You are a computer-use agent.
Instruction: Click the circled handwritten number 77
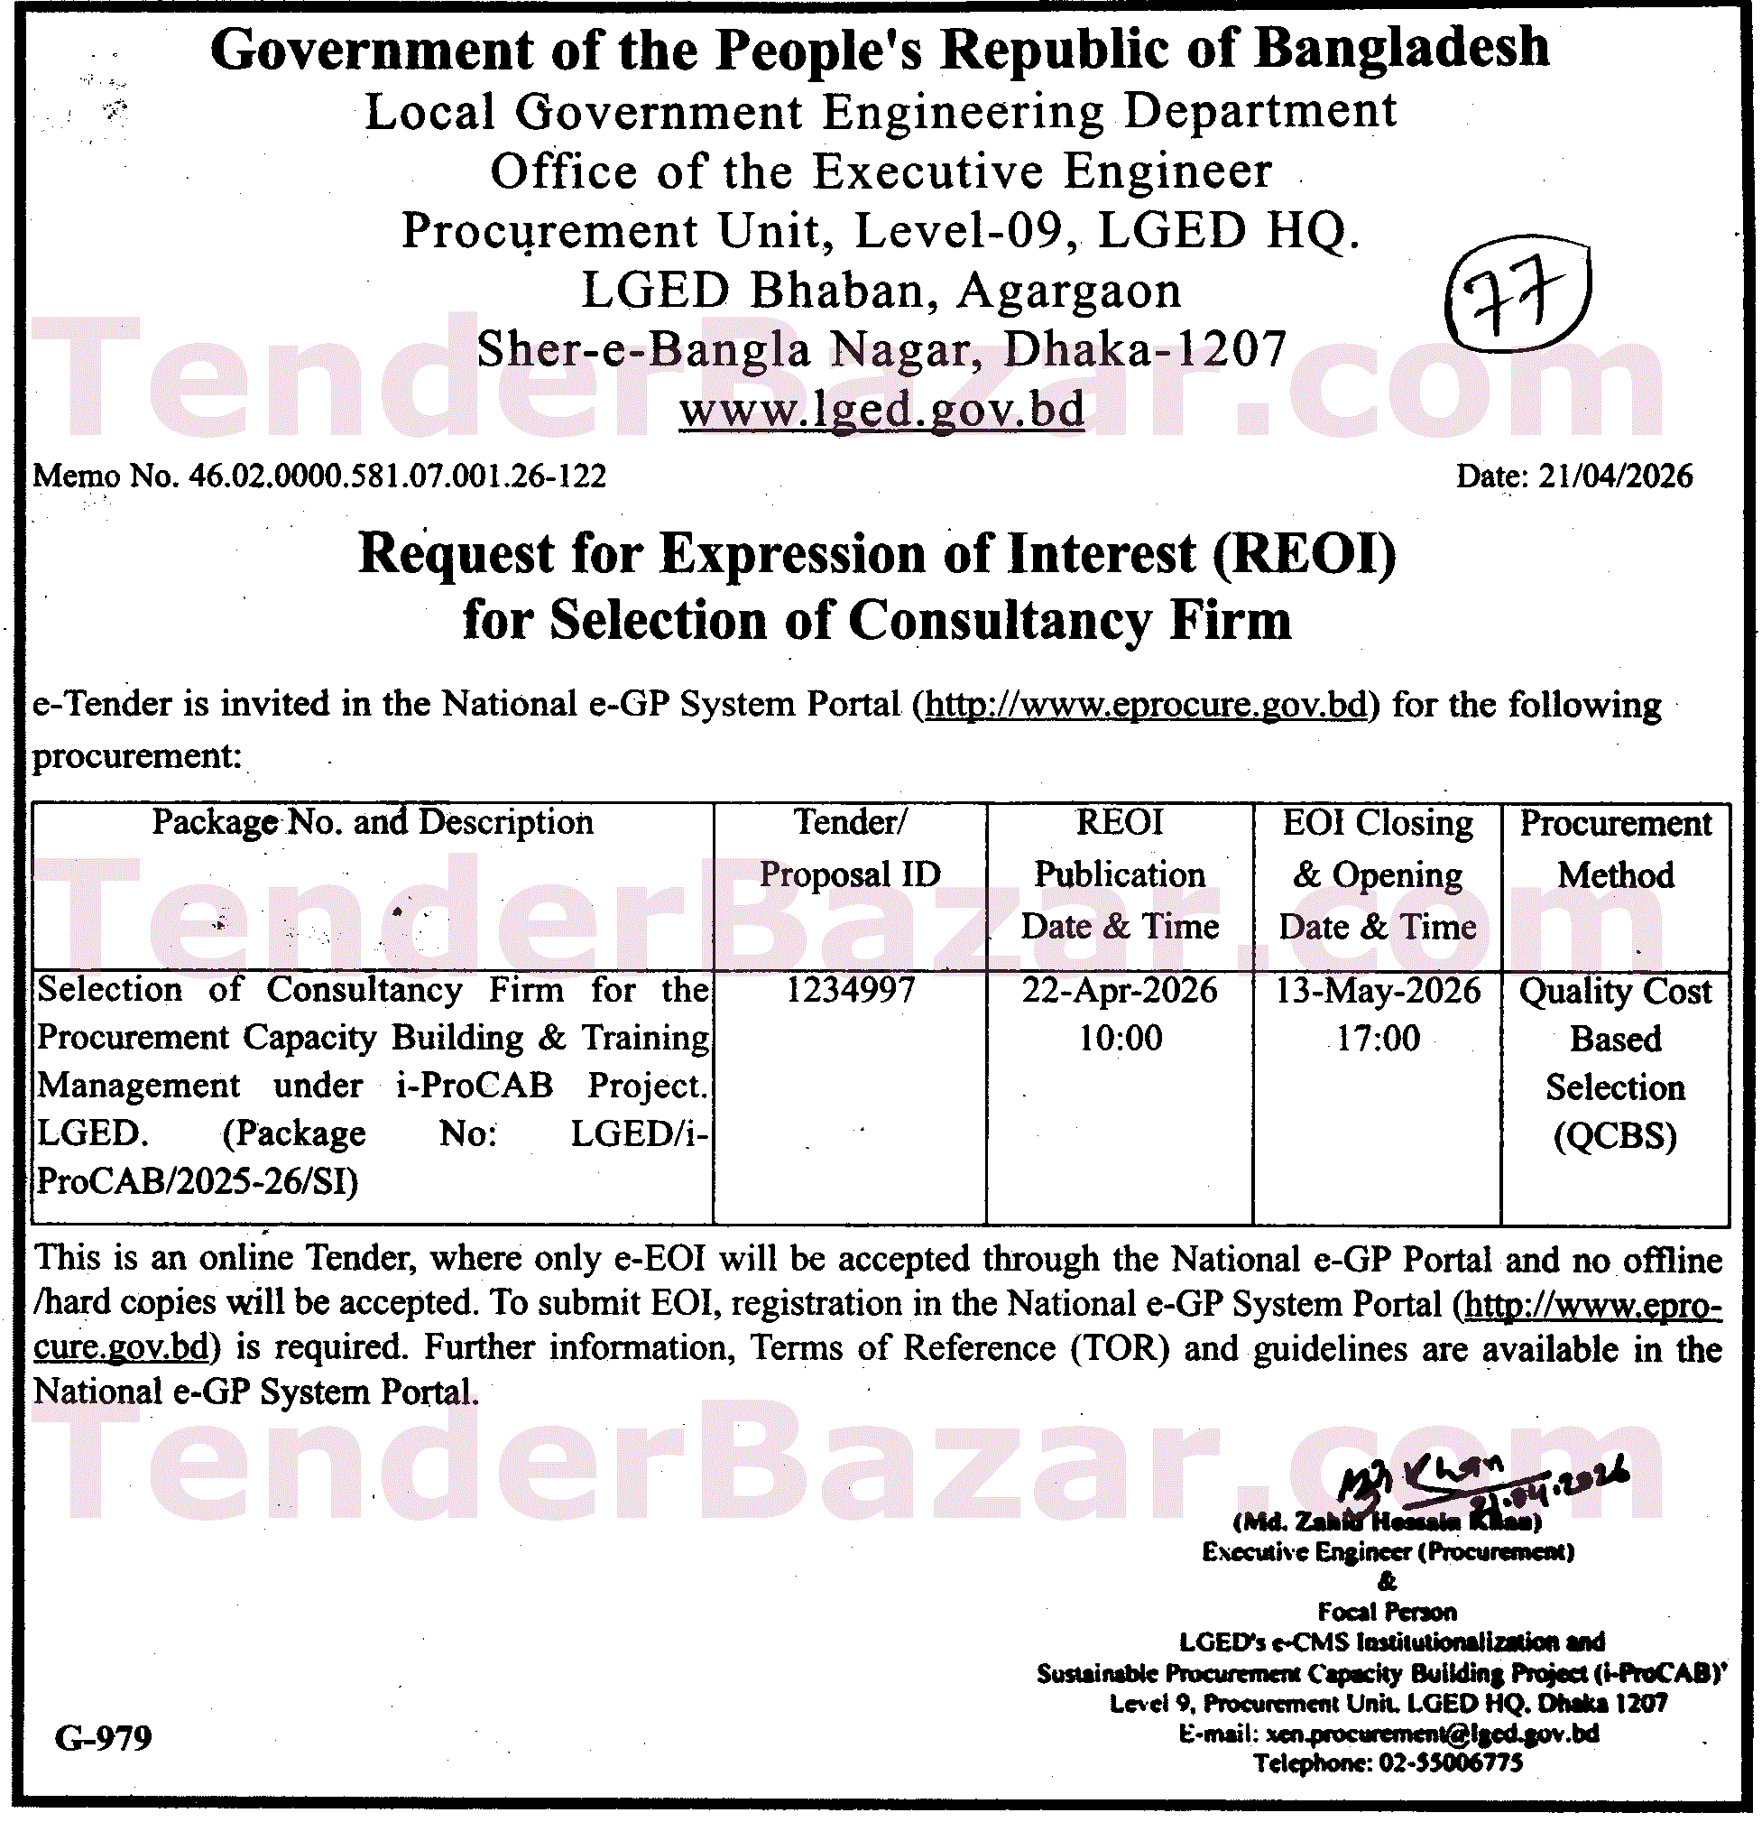pyautogui.click(x=1518, y=298)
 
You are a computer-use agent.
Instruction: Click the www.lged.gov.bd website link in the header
pyautogui.click(x=881, y=409)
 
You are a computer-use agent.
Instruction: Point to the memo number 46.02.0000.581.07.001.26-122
pyautogui.click(x=397, y=476)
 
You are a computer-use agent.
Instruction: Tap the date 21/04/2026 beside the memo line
pyautogui.click(x=1615, y=476)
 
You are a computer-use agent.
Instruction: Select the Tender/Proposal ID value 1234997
pyautogui.click(x=851, y=989)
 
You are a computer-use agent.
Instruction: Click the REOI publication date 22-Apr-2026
pyautogui.click(x=1120, y=989)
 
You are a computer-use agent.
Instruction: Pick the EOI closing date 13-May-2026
pyautogui.click(x=1378, y=989)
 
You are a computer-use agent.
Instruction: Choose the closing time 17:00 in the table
pyautogui.click(x=1378, y=1038)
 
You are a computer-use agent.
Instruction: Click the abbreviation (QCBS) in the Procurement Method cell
pyautogui.click(x=1615, y=1136)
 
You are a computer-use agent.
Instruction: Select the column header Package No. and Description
pyautogui.click(x=373, y=822)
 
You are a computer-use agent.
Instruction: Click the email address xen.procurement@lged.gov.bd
pyautogui.click(x=1432, y=1733)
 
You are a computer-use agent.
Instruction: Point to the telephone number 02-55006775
pyautogui.click(x=1451, y=1762)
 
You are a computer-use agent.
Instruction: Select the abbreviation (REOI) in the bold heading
pyautogui.click(x=1303, y=554)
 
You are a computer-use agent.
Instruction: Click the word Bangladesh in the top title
pyautogui.click(x=1402, y=49)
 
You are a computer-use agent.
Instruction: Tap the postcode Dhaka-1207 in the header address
pyautogui.click(x=1145, y=349)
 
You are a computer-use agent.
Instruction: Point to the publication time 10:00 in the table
pyautogui.click(x=1120, y=1038)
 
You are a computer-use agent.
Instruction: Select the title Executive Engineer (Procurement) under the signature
pyautogui.click(x=1388, y=1551)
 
